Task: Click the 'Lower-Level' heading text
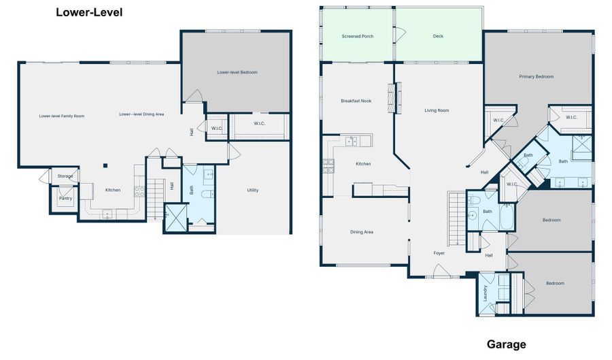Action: [89, 12]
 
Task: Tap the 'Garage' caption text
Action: [506, 344]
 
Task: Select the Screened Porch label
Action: [357, 36]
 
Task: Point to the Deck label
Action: [438, 36]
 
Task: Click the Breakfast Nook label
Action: [356, 101]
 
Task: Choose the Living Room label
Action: [437, 110]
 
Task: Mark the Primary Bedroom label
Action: [536, 77]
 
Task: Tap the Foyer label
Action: [439, 253]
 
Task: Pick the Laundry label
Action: [485, 293]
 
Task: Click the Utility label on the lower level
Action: [252, 190]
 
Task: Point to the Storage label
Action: [65, 176]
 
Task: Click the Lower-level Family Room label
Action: [62, 116]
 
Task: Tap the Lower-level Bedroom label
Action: [237, 72]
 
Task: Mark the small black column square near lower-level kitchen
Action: [105, 165]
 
